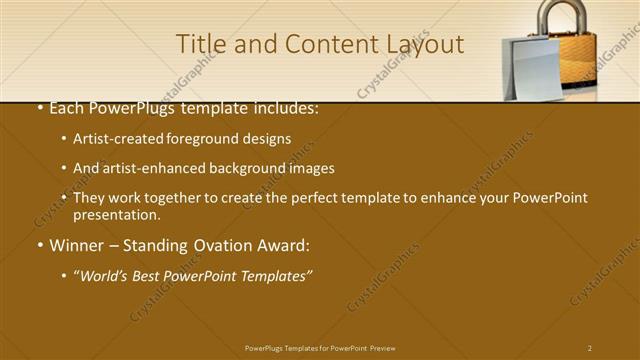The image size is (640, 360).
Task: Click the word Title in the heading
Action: [199, 44]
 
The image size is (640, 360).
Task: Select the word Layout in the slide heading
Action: [427, 45]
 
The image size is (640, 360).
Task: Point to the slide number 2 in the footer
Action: [590, 348]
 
